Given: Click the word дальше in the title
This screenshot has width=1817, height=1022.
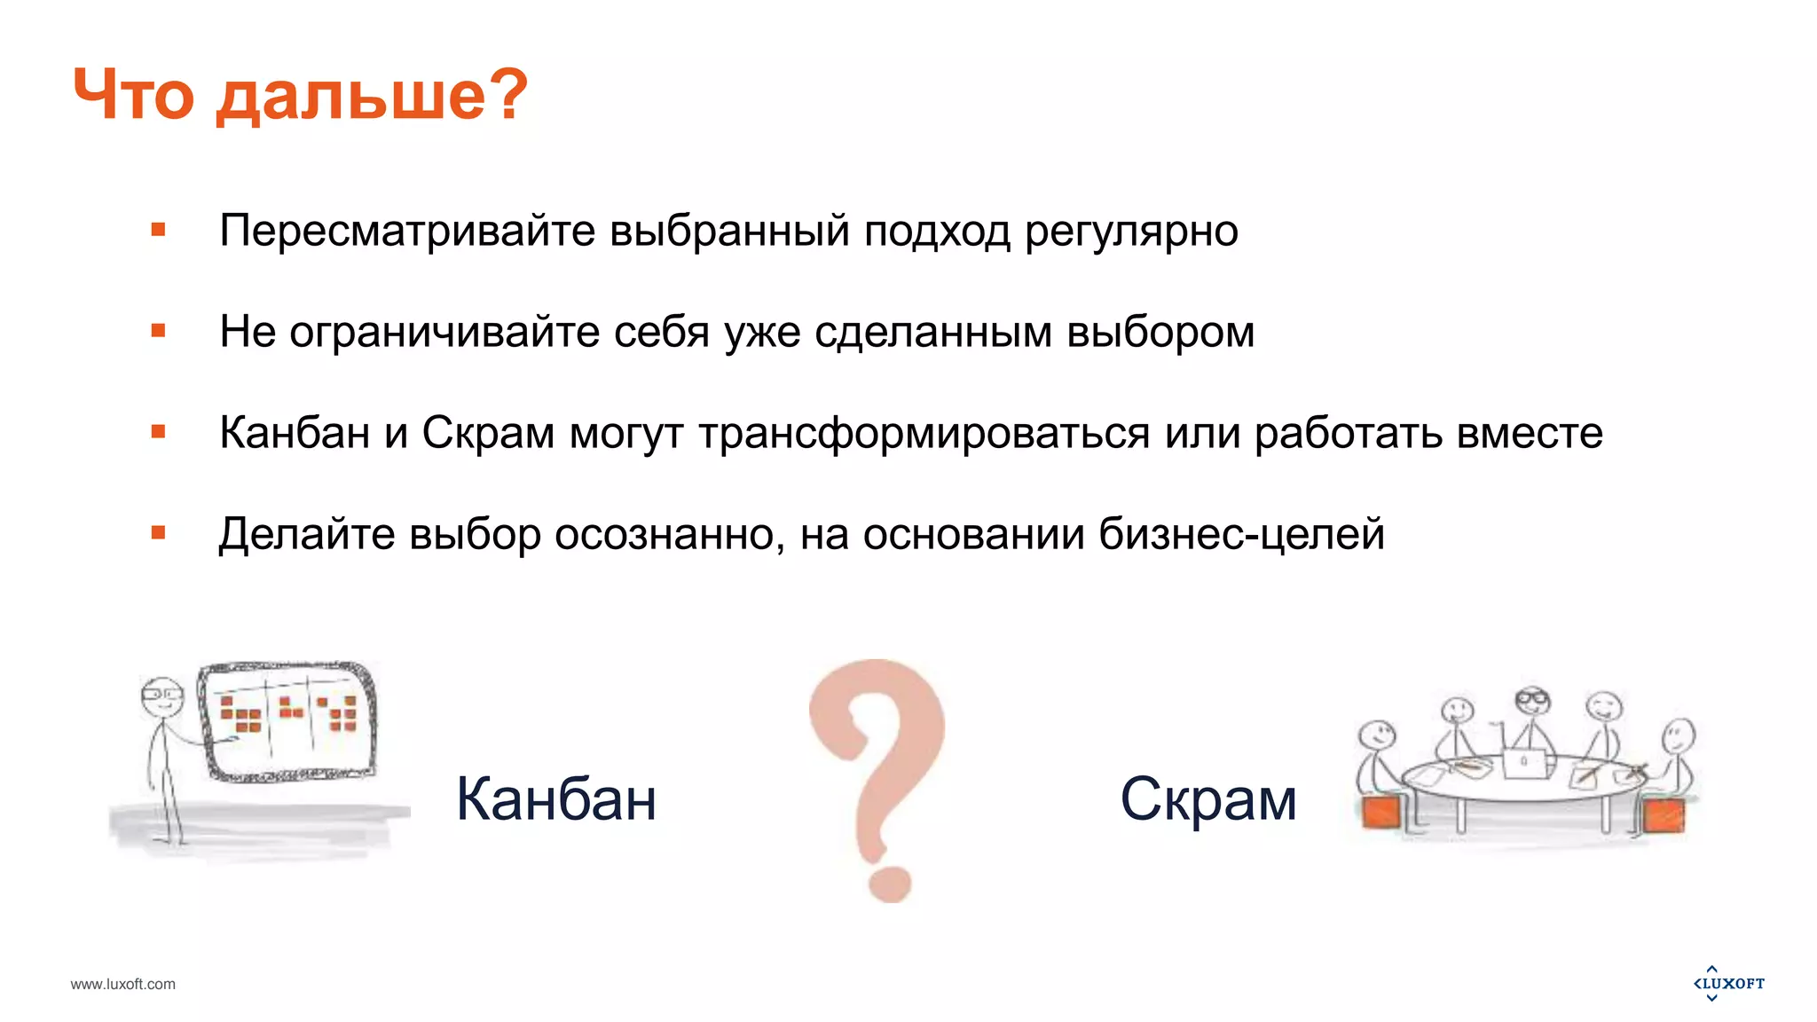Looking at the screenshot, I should [350, 96].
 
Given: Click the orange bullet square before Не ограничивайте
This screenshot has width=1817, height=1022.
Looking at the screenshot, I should [159, 331].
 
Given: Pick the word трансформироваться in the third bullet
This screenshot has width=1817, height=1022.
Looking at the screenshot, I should [924, 434].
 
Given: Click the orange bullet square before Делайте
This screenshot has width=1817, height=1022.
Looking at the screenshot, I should [159, 533].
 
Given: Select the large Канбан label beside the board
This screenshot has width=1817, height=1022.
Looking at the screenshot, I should [555, 799].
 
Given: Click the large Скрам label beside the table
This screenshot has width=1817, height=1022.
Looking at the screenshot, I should [1207, 799].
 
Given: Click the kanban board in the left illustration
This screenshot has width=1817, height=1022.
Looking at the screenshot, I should [288, 720].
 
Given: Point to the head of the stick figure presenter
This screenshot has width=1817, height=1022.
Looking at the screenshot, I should [161, 697].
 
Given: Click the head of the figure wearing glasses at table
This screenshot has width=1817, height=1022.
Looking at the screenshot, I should [1532, 702].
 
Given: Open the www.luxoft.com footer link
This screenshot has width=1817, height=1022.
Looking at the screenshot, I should [122, 984].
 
